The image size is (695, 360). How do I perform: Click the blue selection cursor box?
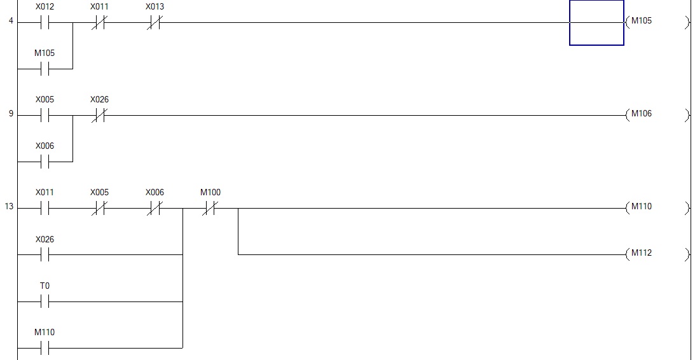click(x=596, y=23)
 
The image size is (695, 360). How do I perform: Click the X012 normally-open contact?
click(x=45, y=23)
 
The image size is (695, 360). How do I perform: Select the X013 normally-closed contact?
click(x=155, y=23)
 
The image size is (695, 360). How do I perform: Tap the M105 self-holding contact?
click(x=45, y=69)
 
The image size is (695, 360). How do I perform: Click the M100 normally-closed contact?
click(x=210, y=208)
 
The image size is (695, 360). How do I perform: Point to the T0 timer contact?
click(x=45, y=301)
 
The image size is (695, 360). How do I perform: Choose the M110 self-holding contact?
click(x=45, y=348)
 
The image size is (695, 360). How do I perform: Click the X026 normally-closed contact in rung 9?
click(x=99, y=115)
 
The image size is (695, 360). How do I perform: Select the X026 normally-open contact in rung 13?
click(x=45, y=254)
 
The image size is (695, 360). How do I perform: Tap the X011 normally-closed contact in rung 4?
click(x=99, y=23)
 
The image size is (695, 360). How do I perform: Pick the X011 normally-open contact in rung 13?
click(x=45, y=208)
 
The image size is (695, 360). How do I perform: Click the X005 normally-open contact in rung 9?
click(x=45, y=115)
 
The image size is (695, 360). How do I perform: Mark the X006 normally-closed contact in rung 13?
click(x=155, y=208)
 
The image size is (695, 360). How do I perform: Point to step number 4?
click(x=11, y=21)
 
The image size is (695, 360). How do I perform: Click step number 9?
click(x=11, y=114)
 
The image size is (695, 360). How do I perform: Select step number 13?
click(x=10, y=207)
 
